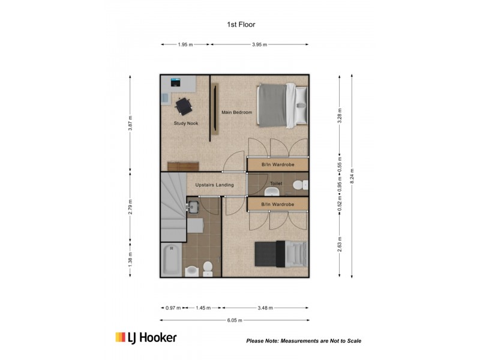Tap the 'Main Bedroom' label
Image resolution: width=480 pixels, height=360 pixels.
pos(236,112)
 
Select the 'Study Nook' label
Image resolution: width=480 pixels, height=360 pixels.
pos(186,124)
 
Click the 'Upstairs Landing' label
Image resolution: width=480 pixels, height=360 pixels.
pos(214,185)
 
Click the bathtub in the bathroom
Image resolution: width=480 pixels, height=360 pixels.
pos(170,260)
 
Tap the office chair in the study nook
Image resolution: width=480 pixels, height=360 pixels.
pos(183,106)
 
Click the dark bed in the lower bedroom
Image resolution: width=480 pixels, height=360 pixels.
pos(279,253)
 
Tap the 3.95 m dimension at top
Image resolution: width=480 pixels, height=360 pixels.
pos(259,44)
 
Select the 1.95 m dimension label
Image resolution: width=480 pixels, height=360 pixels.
pos(185,44)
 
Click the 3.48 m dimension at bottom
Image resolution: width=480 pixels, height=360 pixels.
pos(265,308)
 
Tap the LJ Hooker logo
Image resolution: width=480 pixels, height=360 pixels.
pos(146,338)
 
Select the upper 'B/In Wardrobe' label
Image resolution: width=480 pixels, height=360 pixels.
pos(277,164)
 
